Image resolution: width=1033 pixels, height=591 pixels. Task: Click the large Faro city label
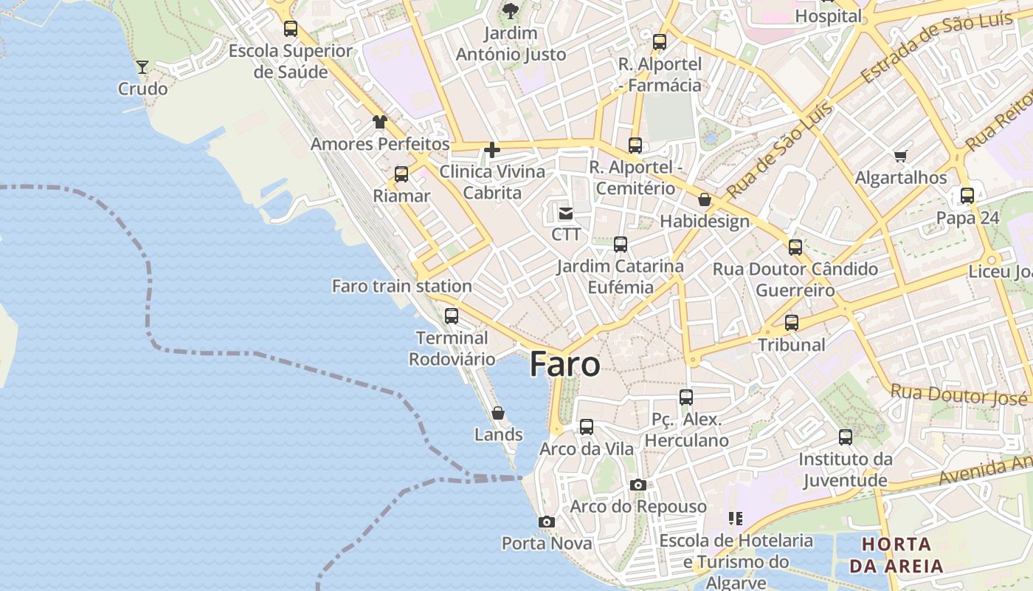564,364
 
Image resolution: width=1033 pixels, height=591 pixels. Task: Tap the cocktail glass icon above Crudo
142,67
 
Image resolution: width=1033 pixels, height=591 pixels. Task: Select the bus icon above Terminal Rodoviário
452,316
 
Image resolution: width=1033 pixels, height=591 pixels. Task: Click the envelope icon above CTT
566,213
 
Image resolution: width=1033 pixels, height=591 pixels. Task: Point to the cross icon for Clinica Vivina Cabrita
491,151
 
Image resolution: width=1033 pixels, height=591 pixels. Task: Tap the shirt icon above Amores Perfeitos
379,122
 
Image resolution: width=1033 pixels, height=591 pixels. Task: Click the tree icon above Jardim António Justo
510,11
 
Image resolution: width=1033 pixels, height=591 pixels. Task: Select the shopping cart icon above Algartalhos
900,156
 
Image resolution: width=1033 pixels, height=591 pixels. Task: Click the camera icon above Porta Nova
547,522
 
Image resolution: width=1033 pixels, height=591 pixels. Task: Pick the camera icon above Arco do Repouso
638,485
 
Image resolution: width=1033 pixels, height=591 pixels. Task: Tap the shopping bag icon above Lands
498,413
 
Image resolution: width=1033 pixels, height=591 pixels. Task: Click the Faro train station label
401,286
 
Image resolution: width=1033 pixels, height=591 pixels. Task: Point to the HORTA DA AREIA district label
896,556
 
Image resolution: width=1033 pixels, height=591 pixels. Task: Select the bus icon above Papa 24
967,196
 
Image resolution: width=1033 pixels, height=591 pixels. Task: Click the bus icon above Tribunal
792,323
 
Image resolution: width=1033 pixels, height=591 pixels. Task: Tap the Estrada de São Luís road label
936,50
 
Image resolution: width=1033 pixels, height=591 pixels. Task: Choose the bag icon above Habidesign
705,199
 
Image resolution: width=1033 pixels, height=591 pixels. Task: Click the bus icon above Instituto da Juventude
846,437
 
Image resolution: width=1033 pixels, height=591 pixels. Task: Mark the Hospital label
828,16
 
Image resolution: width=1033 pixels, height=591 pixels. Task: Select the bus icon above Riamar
401,174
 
